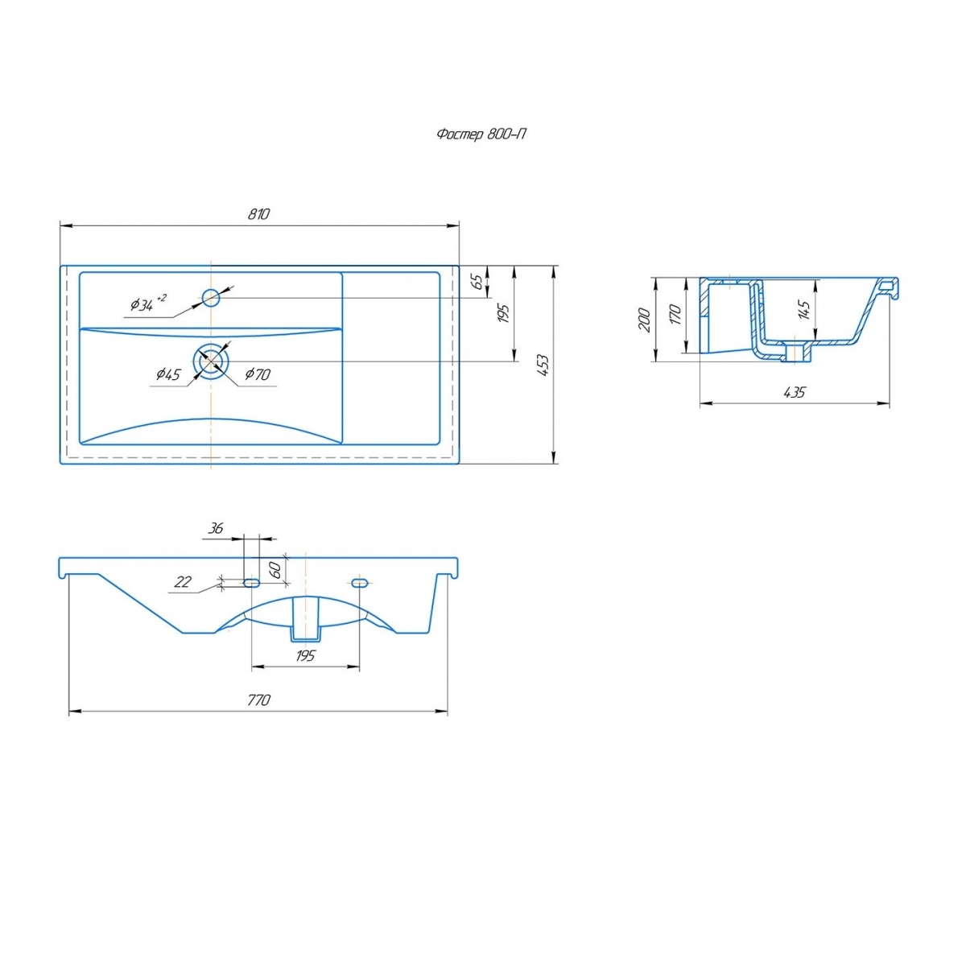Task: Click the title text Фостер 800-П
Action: click(481, 134)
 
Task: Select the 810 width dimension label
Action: click(258, 214)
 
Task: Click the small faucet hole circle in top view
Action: click(211, 298)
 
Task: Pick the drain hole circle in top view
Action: click(211, 361)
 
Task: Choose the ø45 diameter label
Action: click(168, 374)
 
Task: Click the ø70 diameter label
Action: click(258, 374)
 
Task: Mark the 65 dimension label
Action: click(479, 281)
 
